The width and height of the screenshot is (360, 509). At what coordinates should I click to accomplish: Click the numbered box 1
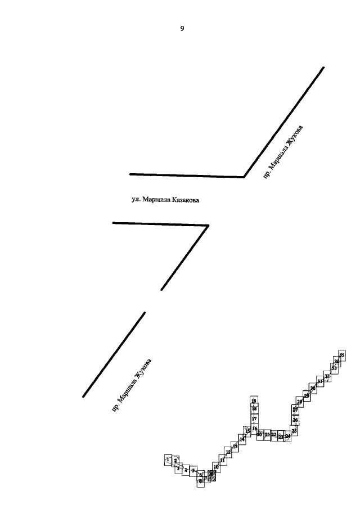point(168,460)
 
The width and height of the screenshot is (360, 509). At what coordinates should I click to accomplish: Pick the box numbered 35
point(341,355)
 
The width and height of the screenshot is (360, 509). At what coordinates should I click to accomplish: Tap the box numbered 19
point(254,401)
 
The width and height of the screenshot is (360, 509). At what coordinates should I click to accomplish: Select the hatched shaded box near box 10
point(212,476)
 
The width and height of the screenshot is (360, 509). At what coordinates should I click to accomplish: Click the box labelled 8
point(201,481)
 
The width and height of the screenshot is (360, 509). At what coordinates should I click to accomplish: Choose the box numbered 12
point(228,452)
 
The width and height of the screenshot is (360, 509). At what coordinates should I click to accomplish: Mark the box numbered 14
point(242,439)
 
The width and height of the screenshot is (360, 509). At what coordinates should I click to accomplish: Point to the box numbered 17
point(254,418)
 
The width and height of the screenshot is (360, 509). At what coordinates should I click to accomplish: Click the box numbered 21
point(267,435)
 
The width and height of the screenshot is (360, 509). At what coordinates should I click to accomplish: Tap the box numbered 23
point(281,436)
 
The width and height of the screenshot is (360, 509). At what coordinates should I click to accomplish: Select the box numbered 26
point(295,420)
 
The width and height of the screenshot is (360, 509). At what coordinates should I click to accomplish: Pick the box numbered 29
point(307,396)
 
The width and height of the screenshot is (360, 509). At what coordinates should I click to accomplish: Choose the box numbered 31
point(319,381)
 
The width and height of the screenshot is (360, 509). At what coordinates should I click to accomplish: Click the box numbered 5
point(193,470)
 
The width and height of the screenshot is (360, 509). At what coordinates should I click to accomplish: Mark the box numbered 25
point(294,430)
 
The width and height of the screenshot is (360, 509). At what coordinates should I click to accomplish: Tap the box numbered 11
point(222,460)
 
